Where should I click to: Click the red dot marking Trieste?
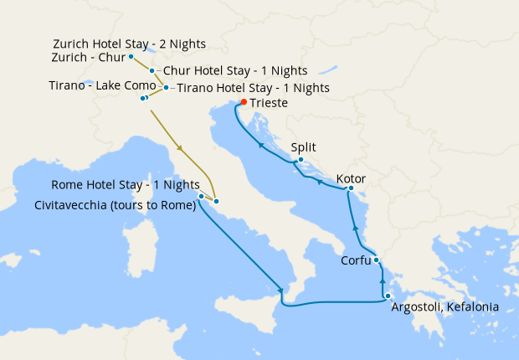tap(244, 102)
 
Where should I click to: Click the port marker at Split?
tap(301, 159)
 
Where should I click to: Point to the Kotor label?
tap(351, 179)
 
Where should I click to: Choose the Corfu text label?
tap(356, 260)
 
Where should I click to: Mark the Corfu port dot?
tap(377, 260)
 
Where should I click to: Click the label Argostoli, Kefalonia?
tap(445, 307)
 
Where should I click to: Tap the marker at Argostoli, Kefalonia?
tap(388, 296)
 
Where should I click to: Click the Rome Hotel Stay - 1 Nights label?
tap(126, 185)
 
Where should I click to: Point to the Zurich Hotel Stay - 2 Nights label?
tap(129, 44)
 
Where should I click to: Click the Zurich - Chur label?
tap(86, 58)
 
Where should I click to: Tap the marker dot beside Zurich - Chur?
tap(131, 57)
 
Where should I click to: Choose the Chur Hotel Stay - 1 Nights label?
tap(235, 71)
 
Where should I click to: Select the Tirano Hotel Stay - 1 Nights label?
tap(253, 87)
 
